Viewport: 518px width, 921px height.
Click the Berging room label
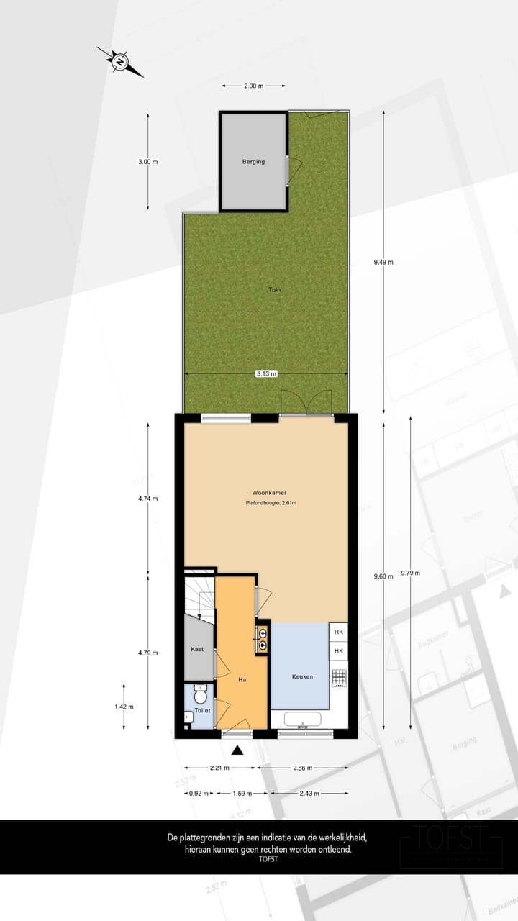(x=253, y=162)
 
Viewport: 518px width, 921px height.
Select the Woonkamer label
(x=271, y=493)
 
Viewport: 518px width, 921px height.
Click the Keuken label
(x=302, y=676)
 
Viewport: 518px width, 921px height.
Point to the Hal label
(x=243, y=679)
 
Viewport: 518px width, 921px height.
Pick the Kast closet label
(x=197, y=649)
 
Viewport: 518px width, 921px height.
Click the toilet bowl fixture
(x=201, y=696)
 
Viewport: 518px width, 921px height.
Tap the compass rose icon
(x=119, y=61)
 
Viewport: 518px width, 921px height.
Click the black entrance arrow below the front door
(x=238, y=750)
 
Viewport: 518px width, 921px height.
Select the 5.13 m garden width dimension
(x=266, y=374)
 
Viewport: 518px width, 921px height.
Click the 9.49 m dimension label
(x=383, y=262)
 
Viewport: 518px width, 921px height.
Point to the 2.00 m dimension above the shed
(x=253, y=86)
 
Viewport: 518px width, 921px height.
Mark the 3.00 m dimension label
(x=147, y=162)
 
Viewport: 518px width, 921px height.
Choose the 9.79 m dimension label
(x=411, y=573)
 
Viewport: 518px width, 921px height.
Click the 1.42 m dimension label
(x=124, y=707)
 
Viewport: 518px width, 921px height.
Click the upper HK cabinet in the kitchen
(x=339, y=632)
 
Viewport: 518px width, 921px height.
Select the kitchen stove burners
(x=339, y=677)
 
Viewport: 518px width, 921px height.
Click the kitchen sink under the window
(x=306, y=719)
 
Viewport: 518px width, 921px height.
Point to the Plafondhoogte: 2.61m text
(x=271, y=503)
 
